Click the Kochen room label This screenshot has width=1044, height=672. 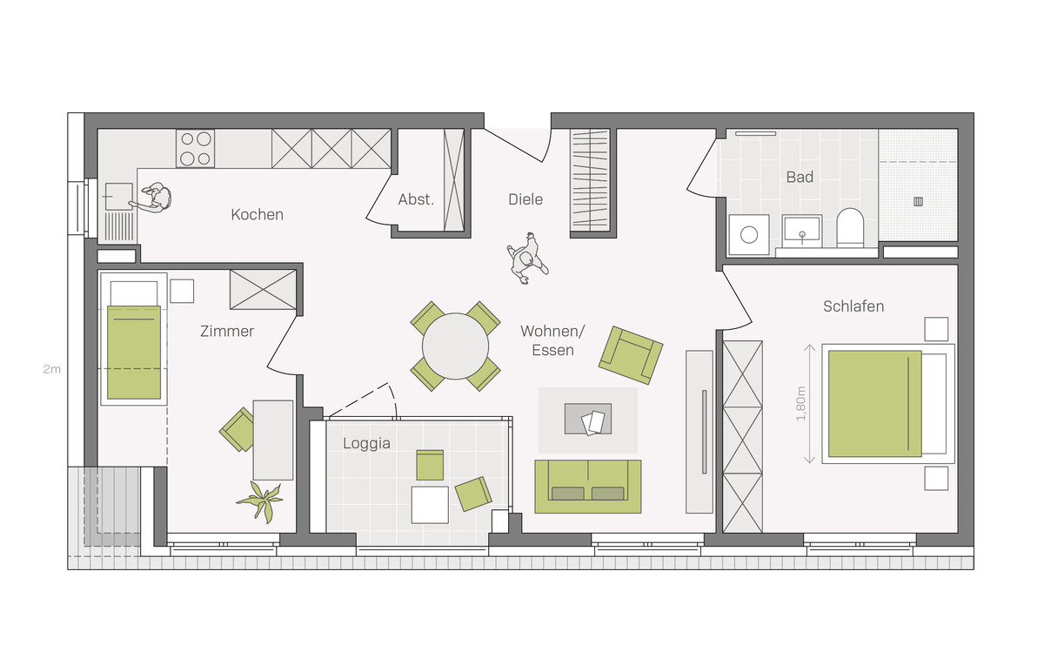(257, 214)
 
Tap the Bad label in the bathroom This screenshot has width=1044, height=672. (800, 178)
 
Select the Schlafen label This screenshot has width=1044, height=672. (853, 306)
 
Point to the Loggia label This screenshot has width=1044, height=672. (366, 443)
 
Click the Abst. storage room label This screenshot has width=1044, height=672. (416, 199)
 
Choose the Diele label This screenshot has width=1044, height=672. (525, 199)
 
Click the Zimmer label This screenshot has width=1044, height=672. (227, 331)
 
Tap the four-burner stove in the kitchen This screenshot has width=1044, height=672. (195, 149)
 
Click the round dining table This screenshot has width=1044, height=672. (455, 346)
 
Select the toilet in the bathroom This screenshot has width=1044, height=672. (850, 228)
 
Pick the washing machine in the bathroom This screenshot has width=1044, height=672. (749, 234)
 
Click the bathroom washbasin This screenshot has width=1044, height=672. (801, 231)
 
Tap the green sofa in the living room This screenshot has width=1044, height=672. (588, 487)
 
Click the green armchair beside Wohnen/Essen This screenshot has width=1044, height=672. (631, 355)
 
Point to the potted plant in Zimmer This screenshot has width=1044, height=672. (260, 501)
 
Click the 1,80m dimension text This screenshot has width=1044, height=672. (800, 403)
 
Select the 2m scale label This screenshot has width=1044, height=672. (51, 369)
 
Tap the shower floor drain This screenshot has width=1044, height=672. (918, 201)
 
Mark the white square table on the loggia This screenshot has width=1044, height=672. (430, 505)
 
